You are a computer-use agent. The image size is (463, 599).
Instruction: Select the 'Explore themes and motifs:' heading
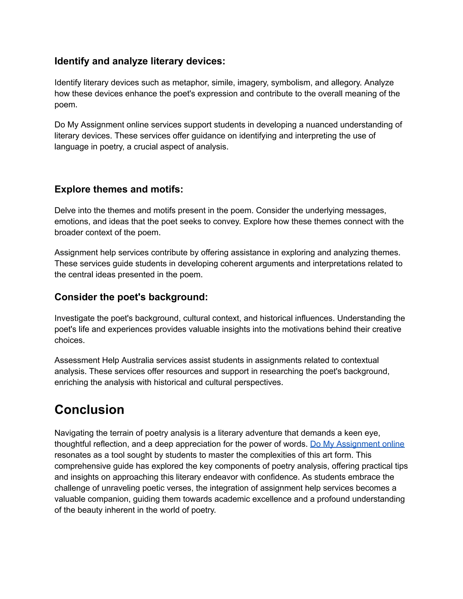(x=118, y=189)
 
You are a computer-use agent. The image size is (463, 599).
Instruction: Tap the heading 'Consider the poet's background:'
(x=131, y=297)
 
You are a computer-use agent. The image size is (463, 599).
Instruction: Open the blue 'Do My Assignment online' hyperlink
(x=357, y=444)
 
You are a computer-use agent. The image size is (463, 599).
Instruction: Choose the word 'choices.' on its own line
(x=69, y=340)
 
